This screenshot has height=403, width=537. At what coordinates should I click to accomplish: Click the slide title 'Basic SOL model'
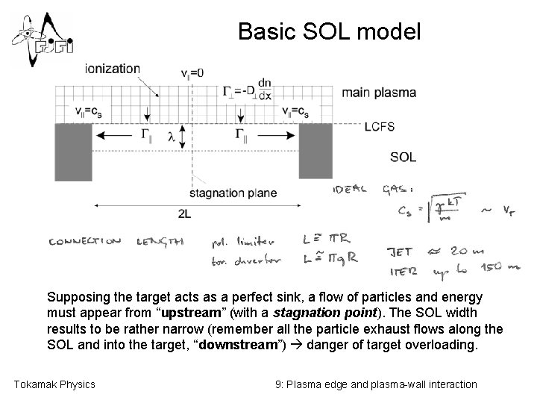pos(329,31)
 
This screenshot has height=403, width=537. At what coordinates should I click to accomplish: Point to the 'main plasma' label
pos(379,93)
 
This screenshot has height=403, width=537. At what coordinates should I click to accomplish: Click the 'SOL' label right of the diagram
pos(403,157)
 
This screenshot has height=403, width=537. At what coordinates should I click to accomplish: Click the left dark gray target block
pos(73,151)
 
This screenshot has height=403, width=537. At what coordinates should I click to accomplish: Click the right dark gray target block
pos(315,151)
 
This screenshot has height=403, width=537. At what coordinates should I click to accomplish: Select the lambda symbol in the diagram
pos(171,137)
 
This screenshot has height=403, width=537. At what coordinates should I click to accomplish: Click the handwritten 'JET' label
pos(402,251)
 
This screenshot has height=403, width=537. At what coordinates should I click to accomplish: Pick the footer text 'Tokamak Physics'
pos(54,384)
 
